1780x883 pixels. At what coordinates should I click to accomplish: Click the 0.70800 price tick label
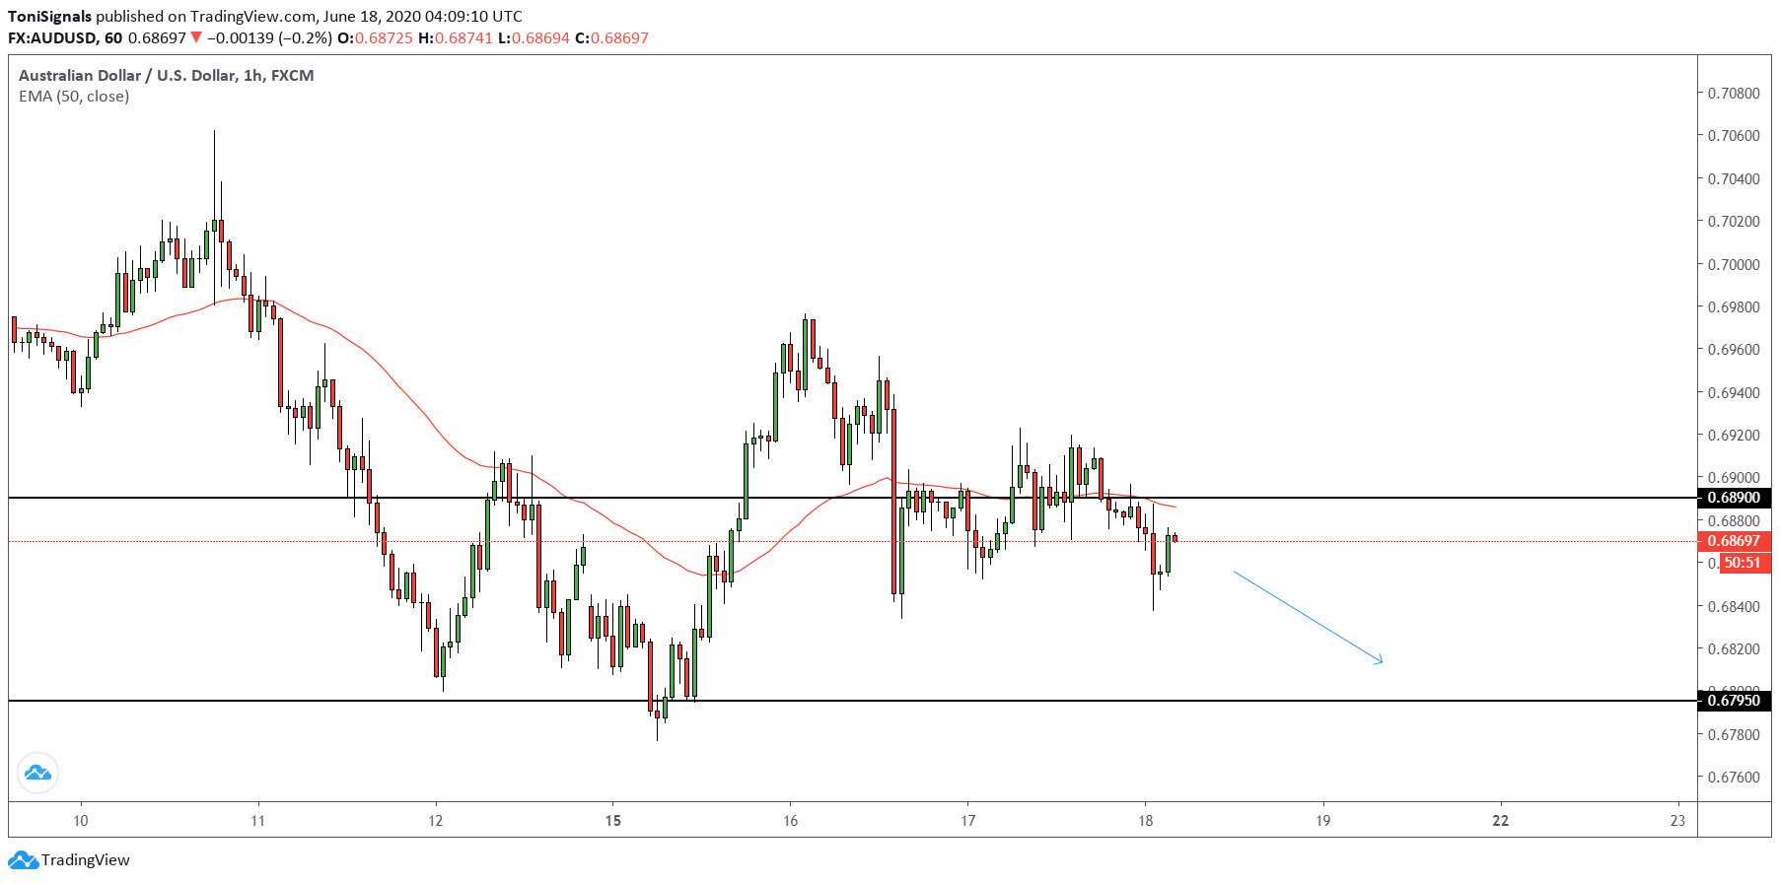tap(1734, 93)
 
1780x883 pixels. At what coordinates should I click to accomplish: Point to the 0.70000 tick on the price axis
tap(1734, 264)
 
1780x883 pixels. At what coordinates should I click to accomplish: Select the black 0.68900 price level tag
tap(1734, 498)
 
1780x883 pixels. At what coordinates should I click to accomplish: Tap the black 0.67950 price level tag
tap(1734, 701)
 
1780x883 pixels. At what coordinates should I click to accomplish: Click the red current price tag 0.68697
tap(1734, 541)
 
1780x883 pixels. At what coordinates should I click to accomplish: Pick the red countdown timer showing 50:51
tap(1744, 563)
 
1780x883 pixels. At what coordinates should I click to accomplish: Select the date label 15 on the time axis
tap(613, 820)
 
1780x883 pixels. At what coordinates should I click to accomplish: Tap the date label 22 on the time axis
tap(1500, 820)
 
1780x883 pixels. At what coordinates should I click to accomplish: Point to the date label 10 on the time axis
tap(81, 820)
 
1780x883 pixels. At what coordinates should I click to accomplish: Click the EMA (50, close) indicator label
tap(74, 96)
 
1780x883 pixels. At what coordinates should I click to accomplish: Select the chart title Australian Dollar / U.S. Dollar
tap(127, 75)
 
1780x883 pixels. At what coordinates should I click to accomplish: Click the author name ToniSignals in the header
tap(49, 16)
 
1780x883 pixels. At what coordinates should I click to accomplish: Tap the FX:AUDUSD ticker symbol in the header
tap(52, 37)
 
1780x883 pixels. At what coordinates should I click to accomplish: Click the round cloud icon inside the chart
tap(37, 773)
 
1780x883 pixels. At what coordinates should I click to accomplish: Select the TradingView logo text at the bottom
tap(85, 860)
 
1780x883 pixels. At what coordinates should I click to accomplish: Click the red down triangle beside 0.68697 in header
tap(196, 37)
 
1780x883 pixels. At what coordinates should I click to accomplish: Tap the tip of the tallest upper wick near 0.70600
tap(214, 130)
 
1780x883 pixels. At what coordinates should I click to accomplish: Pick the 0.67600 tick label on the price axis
tap(1734, 777)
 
